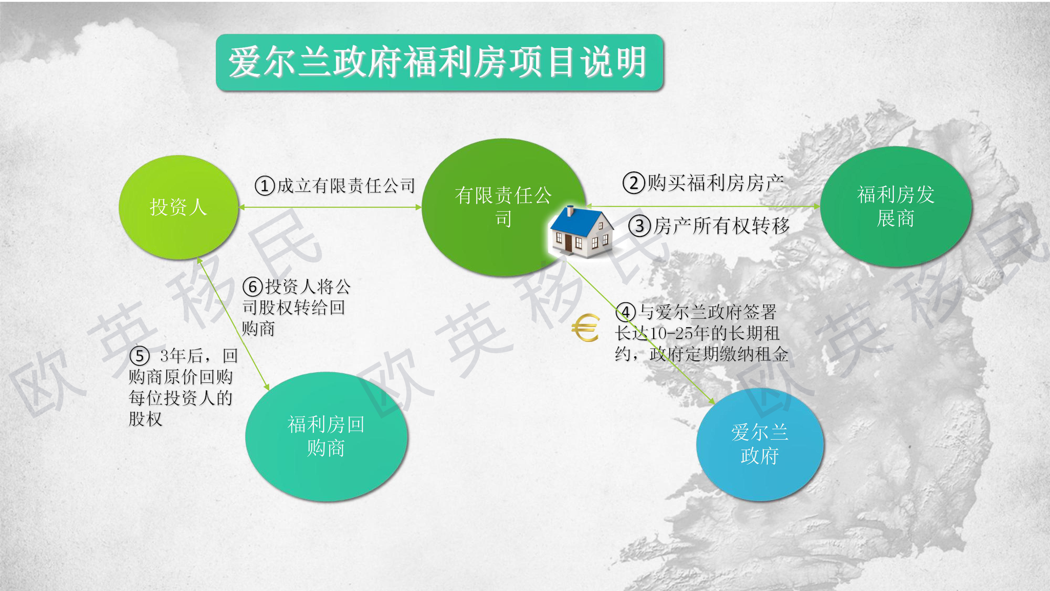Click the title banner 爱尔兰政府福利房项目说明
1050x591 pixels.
439,63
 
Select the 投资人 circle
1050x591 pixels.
178,207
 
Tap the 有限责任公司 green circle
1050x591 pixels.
503,207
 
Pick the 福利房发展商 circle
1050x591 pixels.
896,206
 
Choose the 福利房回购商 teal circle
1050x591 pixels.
326,436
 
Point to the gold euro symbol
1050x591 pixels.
585,328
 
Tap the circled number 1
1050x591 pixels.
265,186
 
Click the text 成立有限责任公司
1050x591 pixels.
346,186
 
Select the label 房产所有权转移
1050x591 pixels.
721,226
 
